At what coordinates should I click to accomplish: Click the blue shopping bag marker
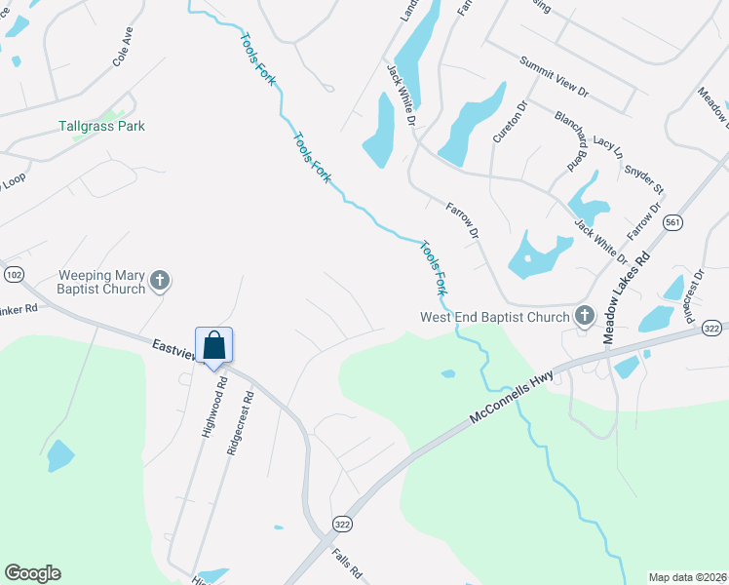(x=214, y=345)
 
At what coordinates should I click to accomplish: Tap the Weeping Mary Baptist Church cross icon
(x=161, y=283)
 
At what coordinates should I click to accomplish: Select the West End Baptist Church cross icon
(x=584, y=316)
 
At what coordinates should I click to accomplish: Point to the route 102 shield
(x=13, y=275)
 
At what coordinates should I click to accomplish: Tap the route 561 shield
(x=671, y=223)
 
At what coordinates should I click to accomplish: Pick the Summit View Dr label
(x=555, y=76)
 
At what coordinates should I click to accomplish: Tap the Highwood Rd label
(x=211, y=409)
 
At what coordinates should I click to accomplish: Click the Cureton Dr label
(x=509, y=120)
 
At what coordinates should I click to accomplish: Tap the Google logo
(x=32, y=573)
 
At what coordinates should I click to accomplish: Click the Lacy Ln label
(x=606, y=147)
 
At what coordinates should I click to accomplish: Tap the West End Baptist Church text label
(x=494, y=317)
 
